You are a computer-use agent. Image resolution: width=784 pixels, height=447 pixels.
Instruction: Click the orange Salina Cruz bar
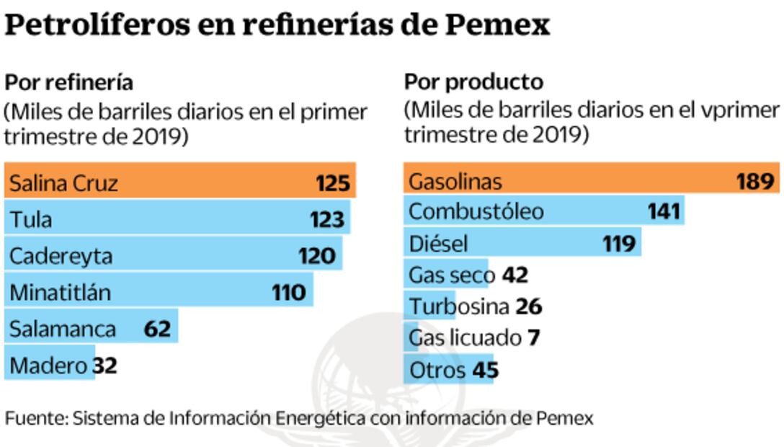tap(180, 182)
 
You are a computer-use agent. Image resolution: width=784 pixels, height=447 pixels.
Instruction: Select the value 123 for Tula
tap(327, 219)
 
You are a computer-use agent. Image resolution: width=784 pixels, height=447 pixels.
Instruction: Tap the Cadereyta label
tap(61, 256)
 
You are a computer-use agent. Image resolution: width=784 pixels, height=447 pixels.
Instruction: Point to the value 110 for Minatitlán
tap(289, 293)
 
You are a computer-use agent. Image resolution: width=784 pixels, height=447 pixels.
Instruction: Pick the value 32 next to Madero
tap(104, 366)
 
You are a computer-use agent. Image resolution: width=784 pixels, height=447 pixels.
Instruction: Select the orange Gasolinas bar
tap(591, 181)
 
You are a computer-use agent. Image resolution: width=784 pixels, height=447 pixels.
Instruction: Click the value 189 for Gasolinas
tap(755, 181)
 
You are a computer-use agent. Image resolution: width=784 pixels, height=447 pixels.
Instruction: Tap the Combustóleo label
tap(476, 212)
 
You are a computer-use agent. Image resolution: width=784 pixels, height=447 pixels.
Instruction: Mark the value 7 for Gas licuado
tap(533, 337)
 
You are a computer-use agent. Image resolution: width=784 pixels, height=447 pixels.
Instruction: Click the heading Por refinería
tap(69, 82)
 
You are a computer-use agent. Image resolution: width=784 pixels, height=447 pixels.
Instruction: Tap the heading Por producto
tap(473, 82)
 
